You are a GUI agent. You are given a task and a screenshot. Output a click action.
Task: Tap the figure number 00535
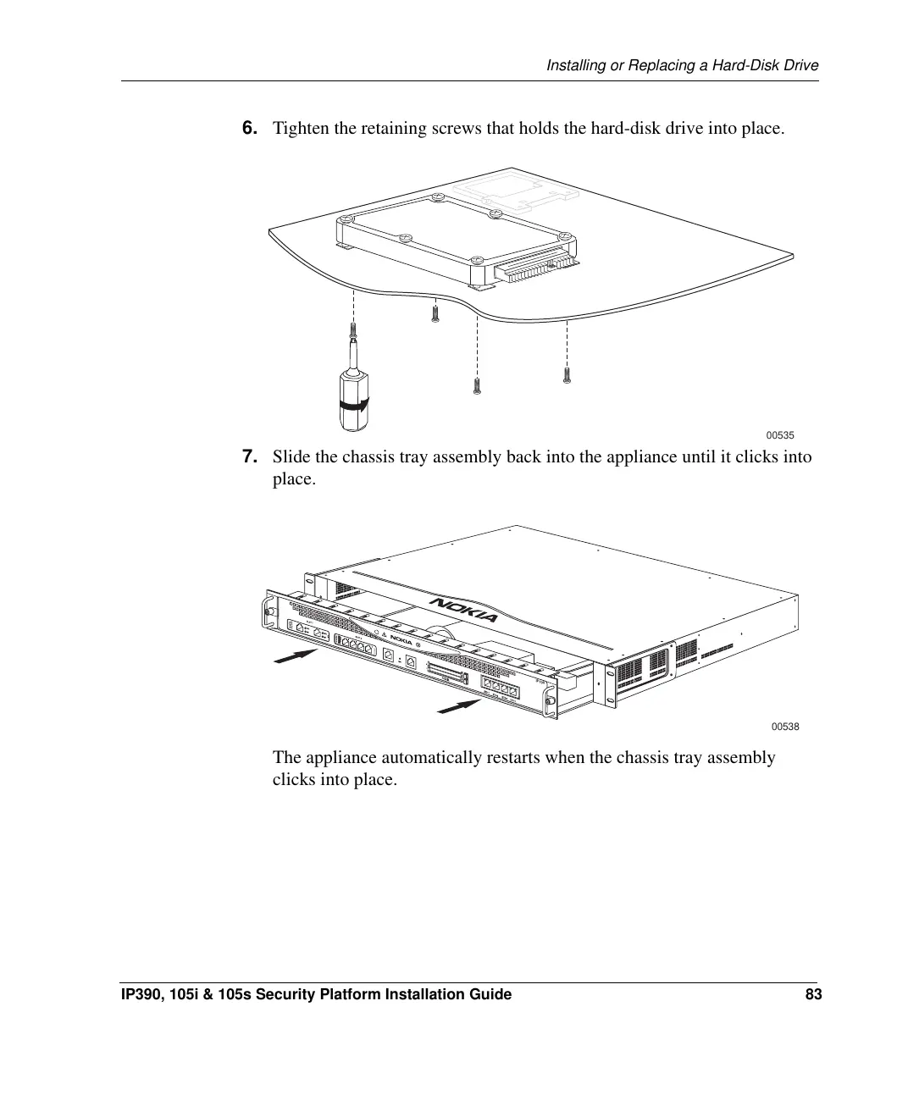pyautogui.click(x=780, y=435)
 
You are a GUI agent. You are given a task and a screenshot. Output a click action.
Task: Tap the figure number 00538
pyautogui.click(x=785, y=727)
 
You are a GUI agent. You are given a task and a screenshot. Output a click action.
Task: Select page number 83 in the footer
pyautogui.click(x=813, y=994)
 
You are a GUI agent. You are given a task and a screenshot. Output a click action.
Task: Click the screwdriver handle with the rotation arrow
pyautogui.click(x=353, y=401)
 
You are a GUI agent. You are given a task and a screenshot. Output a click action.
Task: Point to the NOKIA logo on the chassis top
pyautogui.click(x=465, y=609)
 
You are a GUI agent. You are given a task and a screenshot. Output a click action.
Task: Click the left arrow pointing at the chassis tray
pyautogui.click(x=296, y=655)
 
